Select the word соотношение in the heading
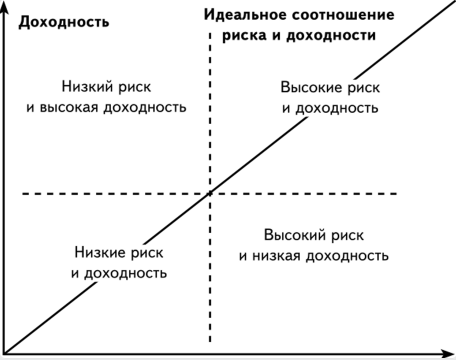(337, 16)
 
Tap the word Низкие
(103, 252)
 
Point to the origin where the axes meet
(6, 351)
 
